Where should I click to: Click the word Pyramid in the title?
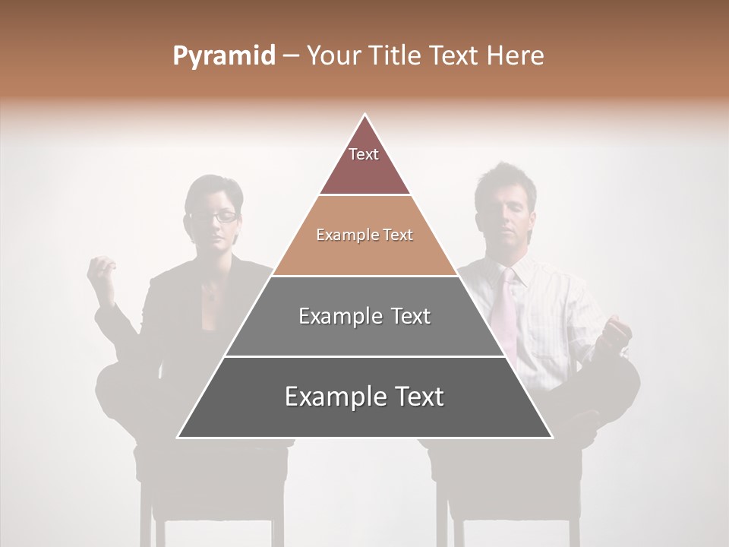click(223, 56)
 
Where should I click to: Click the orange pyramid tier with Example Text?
click(364, 236)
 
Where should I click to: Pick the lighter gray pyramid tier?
click(364, 316)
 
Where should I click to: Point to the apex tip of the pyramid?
click(365, 115)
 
